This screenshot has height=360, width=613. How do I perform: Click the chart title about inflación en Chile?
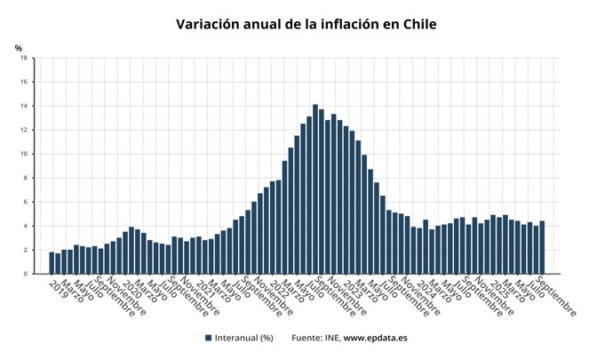click(306, 24)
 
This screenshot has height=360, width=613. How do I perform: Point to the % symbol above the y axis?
click(18, 47)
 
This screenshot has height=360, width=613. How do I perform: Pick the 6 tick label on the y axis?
click(26, 202)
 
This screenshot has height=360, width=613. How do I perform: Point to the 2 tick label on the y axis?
click(26, 250)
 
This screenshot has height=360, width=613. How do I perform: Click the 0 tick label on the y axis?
click(26, 274)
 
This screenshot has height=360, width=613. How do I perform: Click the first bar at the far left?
click(52, 263)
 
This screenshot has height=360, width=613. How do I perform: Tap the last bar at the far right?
click(542, 248)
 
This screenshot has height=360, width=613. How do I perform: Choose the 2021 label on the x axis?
click(203, 288)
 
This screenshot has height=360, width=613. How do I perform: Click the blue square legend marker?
click(208, 338)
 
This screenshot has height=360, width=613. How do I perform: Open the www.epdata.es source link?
click(375, 338)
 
